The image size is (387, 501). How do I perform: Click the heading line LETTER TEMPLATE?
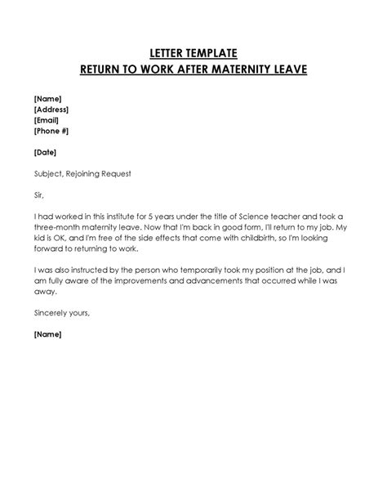tap(193, 53)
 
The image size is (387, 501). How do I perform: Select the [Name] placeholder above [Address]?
tap(48, 98)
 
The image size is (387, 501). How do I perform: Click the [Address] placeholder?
tap(51, 109)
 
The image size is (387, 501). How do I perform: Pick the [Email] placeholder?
tap(48, 119)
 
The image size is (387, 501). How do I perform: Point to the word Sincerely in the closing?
tap(53, 313)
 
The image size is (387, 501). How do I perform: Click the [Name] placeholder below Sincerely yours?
tap(48, 334)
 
